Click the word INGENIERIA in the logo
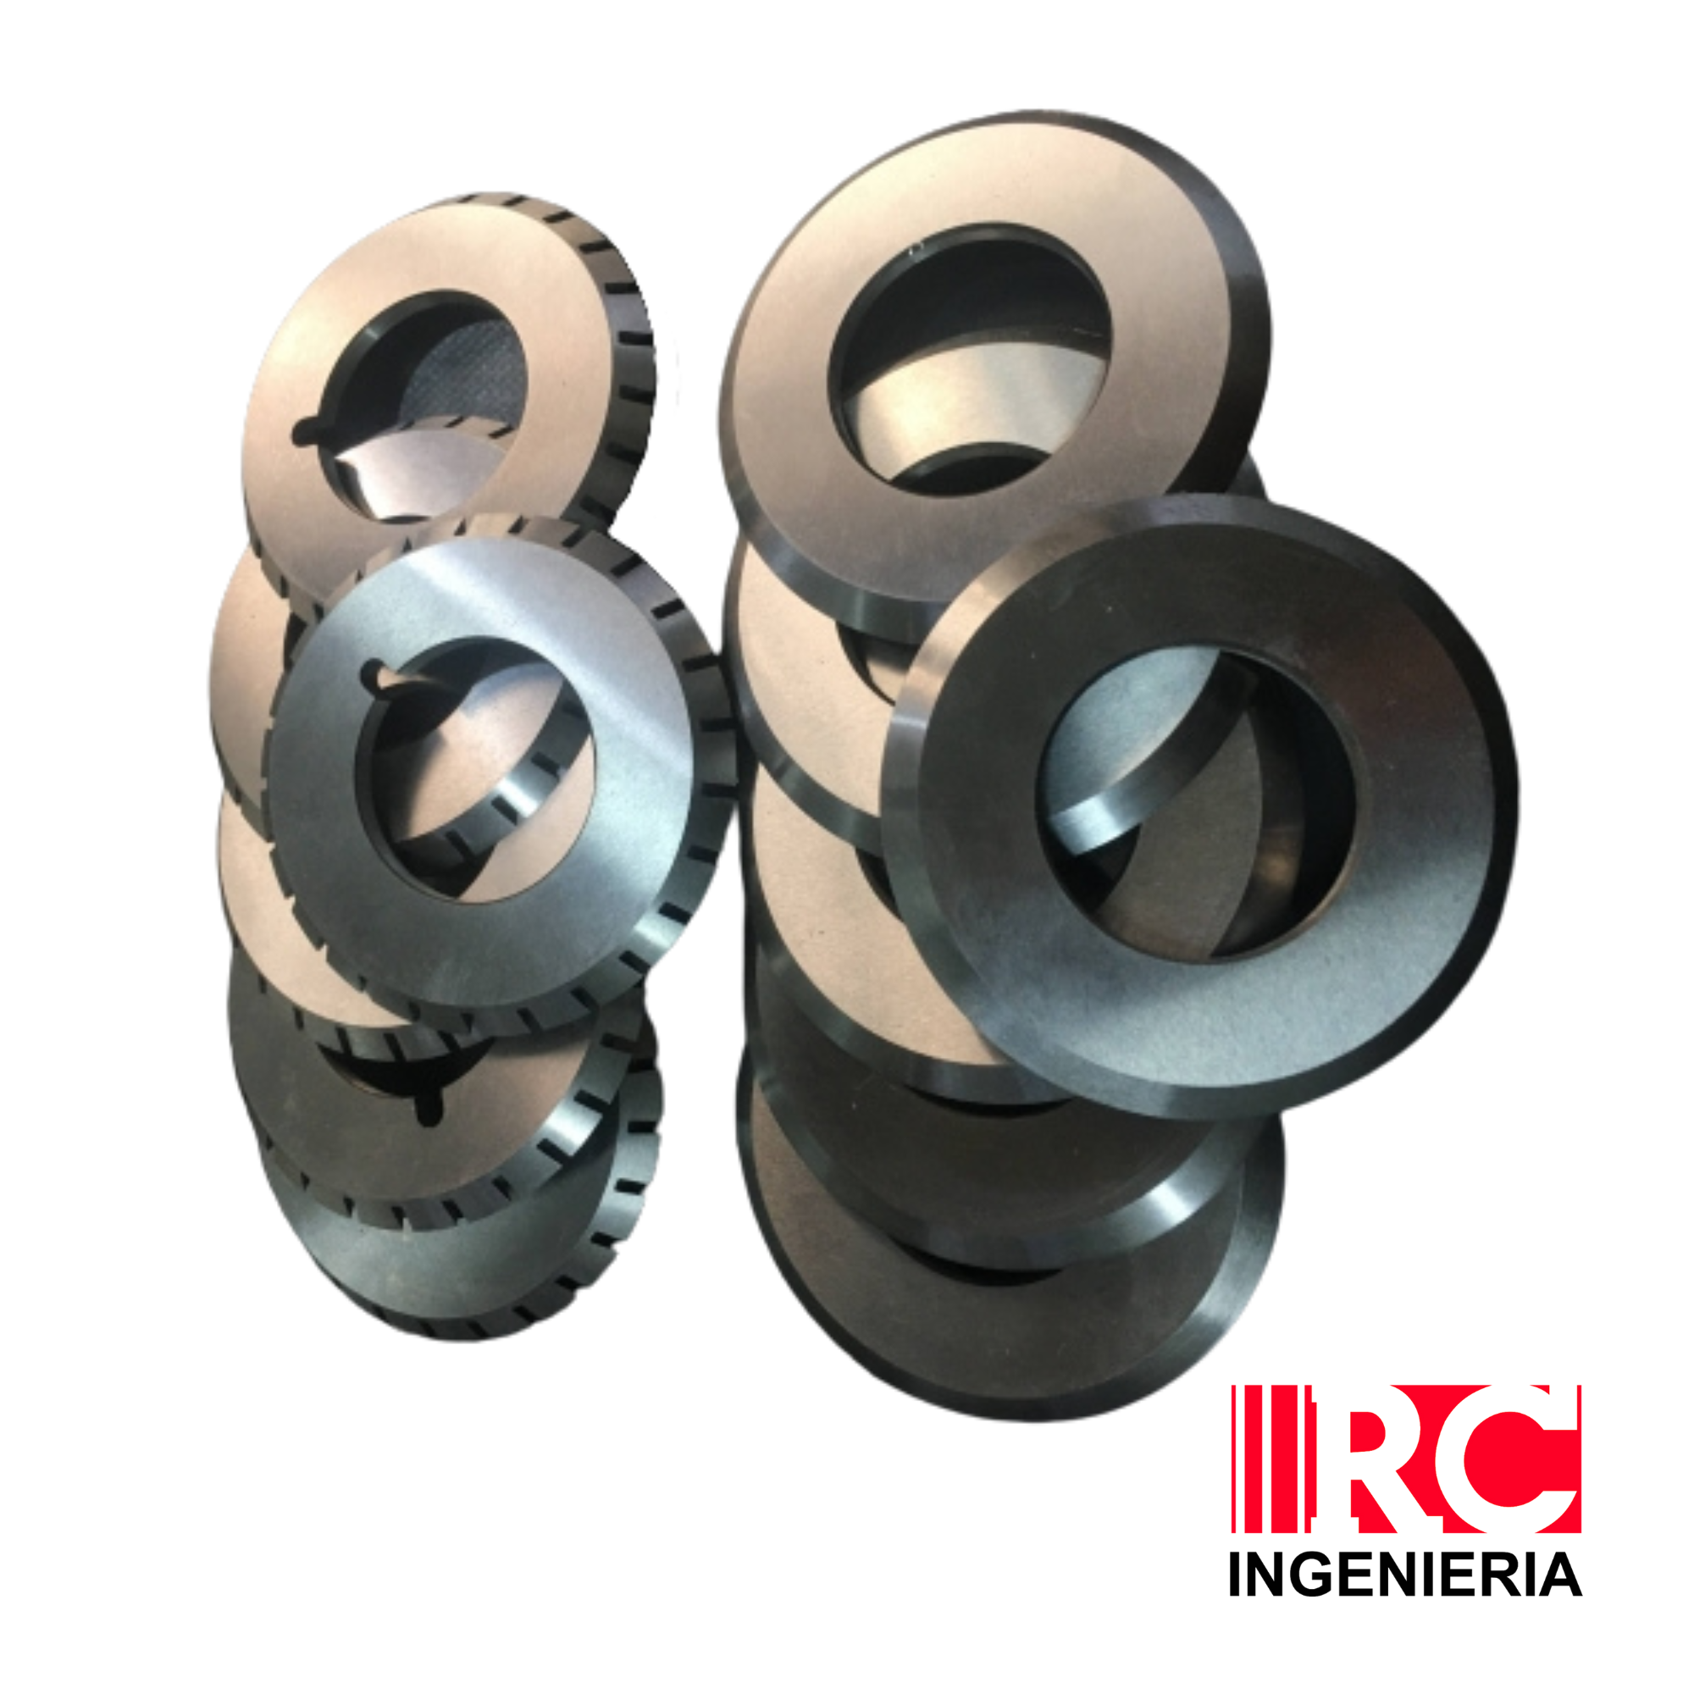point(1405,1575)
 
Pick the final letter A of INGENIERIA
point(1562,1575)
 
